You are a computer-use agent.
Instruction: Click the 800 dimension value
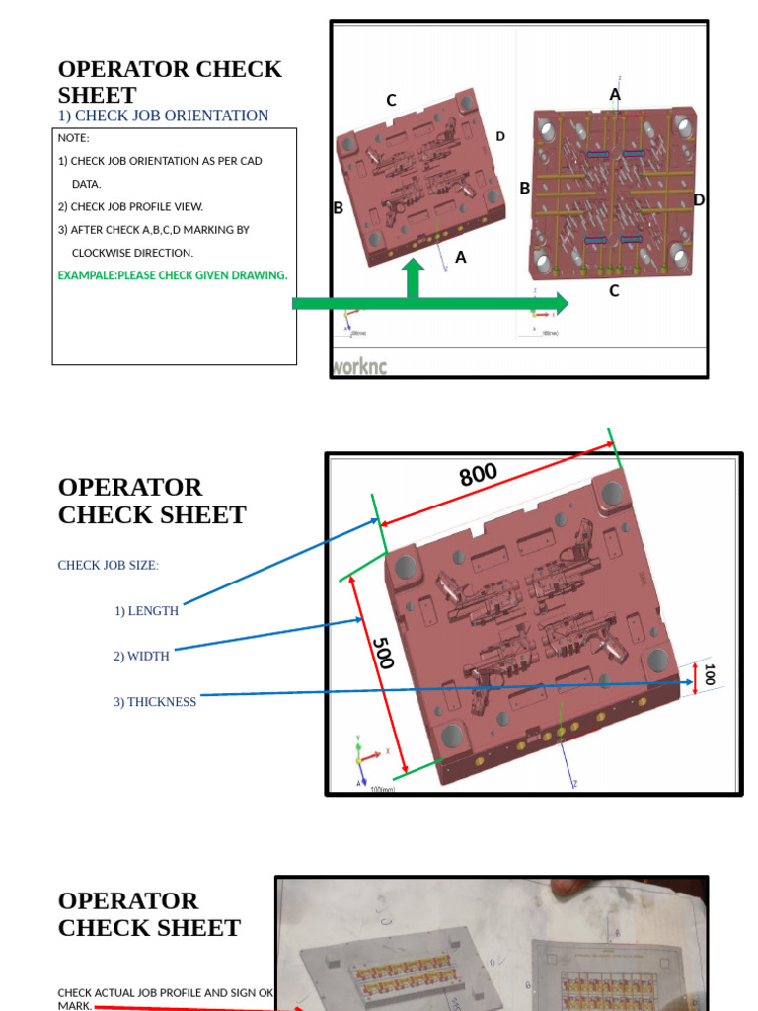click(x=478, y=475)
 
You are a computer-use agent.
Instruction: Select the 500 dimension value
click(x=382, y=652)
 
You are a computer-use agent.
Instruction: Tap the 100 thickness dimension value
click(x=709, y=675)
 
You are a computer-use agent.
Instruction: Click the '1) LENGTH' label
click(x=146, y=611)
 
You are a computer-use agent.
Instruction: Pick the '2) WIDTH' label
click(x=141, y=656)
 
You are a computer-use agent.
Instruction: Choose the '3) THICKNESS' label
click(x=155, y=702)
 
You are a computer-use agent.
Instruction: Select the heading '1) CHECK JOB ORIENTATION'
click(x=163, y=116)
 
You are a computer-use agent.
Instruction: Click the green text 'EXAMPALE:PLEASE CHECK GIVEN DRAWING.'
click(x=173, y=275)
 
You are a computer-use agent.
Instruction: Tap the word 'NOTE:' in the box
click(x=74, y=138)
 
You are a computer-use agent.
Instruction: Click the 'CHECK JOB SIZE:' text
click(x=108, y=565)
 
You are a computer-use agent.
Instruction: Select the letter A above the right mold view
click(x=615, y=95)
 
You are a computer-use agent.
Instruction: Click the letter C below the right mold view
click(x=614, y=291)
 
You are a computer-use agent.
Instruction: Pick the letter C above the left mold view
click(x=391, y=100)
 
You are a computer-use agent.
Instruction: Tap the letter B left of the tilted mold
click(x=339, y=208)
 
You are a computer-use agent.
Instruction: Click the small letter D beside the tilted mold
click(x=500, y=136)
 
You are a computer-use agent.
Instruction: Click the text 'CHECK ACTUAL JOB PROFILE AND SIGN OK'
click(x=165, y=992)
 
